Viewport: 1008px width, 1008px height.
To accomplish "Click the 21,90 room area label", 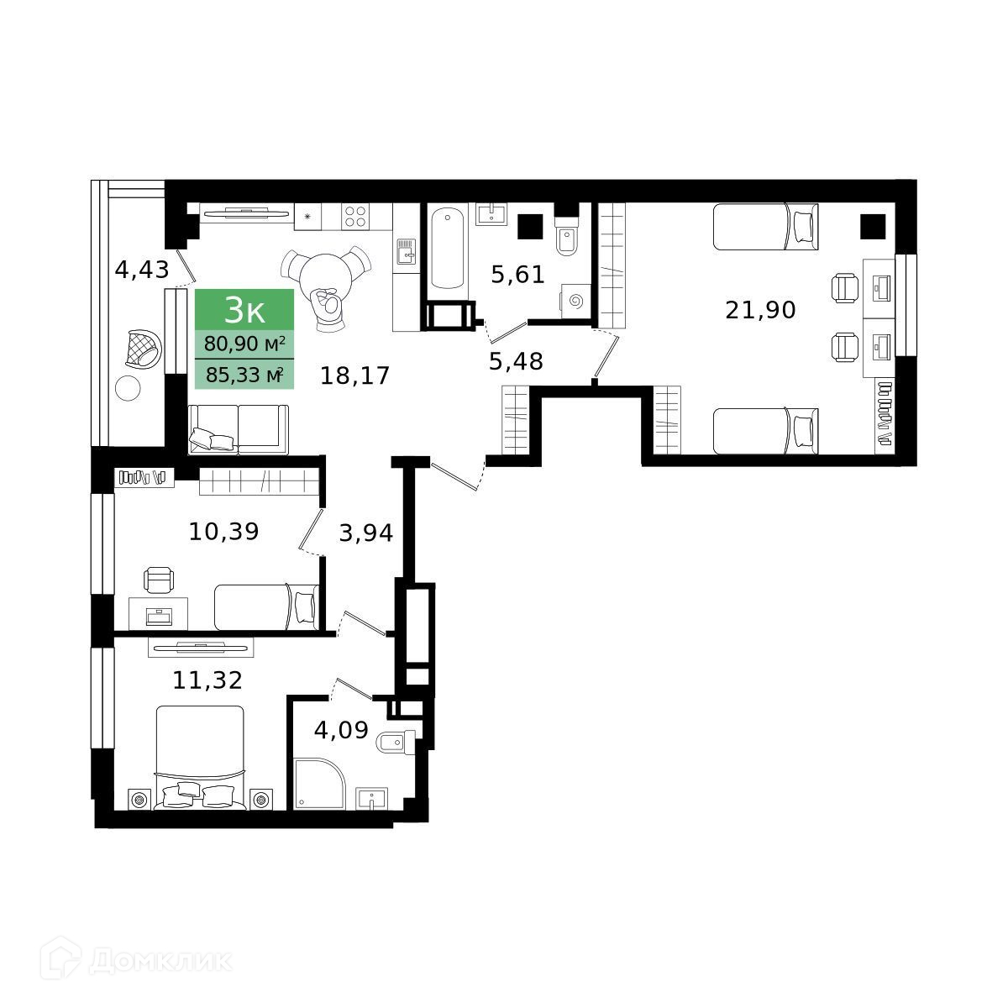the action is (x=760, y=310).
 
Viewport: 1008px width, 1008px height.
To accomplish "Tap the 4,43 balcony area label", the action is (x=142, y=270).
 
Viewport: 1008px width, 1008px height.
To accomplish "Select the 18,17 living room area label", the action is (x=354, y=375).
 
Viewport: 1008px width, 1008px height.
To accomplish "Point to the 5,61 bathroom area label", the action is (x=517, y=275).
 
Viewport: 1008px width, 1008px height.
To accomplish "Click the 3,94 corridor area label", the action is (x=365, y=533).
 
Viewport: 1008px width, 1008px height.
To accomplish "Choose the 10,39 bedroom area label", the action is (x=223, y=532).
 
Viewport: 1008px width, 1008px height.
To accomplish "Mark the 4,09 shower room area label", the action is (x=341, y=729).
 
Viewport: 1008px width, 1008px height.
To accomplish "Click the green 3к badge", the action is (x=244, y=310).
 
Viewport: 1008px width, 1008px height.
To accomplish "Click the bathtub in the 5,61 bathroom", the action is (x=448, y=249).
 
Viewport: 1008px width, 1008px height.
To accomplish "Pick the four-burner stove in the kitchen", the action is (x=355, y=217).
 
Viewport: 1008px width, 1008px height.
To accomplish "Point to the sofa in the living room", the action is (x=238, y=429).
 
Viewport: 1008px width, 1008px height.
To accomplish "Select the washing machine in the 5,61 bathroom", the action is (x=575, y=302).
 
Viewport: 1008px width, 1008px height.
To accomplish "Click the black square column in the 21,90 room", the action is (x=873, y=227).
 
